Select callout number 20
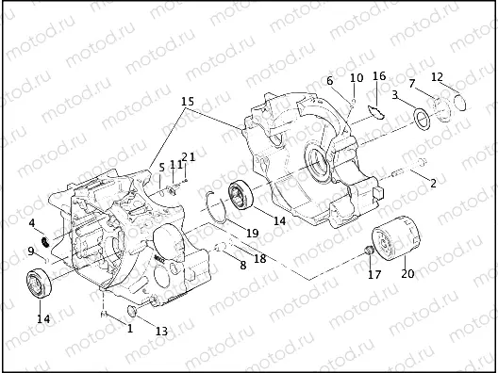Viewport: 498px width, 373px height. pos(407,274)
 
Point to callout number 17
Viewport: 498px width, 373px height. pos(374,276)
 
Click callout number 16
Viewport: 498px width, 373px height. pos(379,75)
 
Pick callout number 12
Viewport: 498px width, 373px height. pos(437,76)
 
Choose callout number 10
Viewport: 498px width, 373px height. pos(357,78)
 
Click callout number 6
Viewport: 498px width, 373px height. pos(330,81)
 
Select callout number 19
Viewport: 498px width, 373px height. pos(252,233)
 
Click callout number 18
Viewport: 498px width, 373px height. pos(259,257)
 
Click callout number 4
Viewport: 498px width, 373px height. pos(31,223)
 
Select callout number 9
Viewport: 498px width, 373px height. pos(31,251)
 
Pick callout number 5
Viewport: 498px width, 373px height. pos(161,167)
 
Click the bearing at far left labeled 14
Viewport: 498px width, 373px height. pos(40,283)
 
